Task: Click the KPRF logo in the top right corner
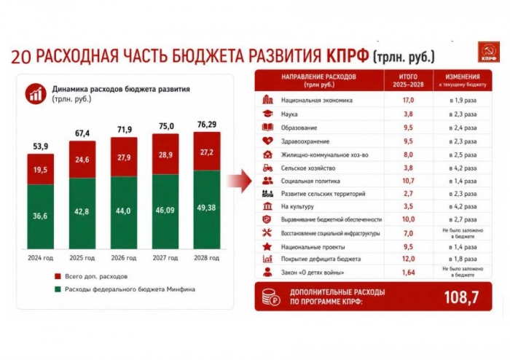click(489, 52)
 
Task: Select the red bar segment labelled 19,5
click(40, 169)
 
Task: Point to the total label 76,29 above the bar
click(207, 125)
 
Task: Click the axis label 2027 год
click(165, 258)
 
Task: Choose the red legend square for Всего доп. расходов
click(58, 276)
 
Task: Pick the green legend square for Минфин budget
click(58, 289)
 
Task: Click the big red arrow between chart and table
click(240, 181)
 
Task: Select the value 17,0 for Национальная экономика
click(408, 100)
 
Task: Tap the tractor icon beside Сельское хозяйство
click(267, 168)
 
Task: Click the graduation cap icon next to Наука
click(267, 114)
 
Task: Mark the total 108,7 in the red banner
click(461, 297)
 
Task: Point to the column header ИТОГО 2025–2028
click(408, 81)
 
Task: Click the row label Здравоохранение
click(305, 141)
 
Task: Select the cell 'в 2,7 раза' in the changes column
click(463, 219)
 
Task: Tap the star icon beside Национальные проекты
click(267, 246)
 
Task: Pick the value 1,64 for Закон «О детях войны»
click(408, 273)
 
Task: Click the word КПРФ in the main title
click(348, 55)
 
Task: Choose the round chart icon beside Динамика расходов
click(36, 94)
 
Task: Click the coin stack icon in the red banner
click(270, 297)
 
